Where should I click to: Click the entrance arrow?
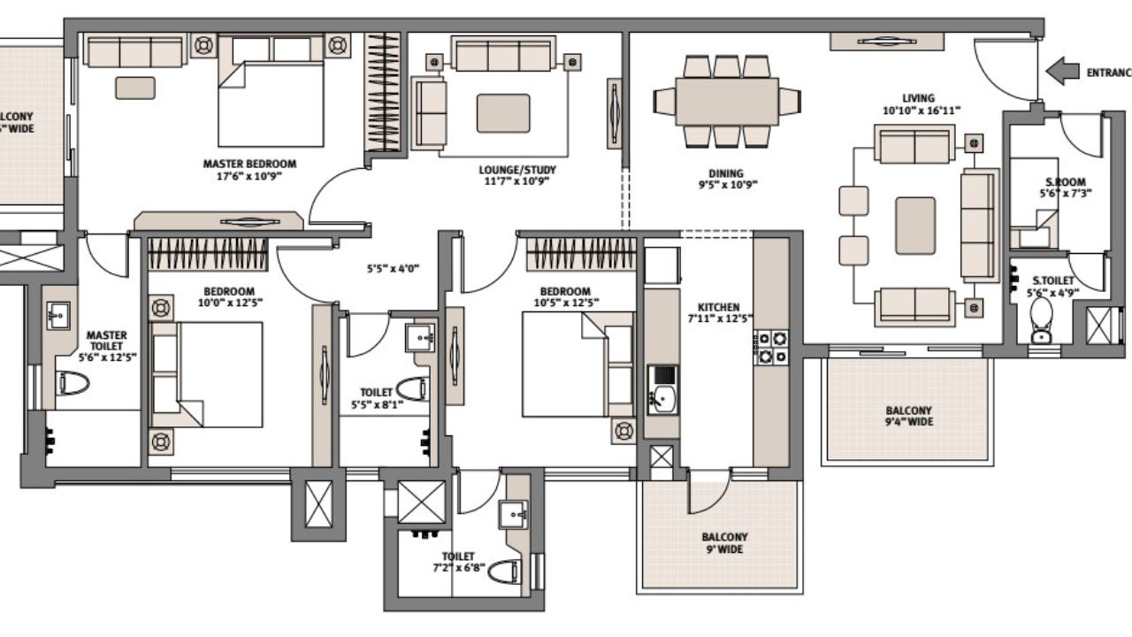tap(1061, 72)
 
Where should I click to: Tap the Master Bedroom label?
tap(249, 164)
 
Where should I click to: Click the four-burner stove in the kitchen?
tap(770, 347)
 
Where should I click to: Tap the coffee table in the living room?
tap(915, 226)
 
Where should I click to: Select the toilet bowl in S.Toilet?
tap(1042, 318)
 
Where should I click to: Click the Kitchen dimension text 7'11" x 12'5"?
tap(719, 318)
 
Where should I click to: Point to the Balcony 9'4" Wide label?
tap(908, 416)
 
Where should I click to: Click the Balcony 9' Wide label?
tap(724, 542)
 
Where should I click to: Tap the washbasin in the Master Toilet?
tap(59, 314)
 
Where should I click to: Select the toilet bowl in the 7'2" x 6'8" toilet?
tap(503, 571)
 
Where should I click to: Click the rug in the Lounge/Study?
tap(503, 113)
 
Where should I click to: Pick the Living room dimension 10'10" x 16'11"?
tap(918, 111)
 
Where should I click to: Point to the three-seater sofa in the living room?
tap(978, 226)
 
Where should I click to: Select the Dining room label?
tap(725, 173)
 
